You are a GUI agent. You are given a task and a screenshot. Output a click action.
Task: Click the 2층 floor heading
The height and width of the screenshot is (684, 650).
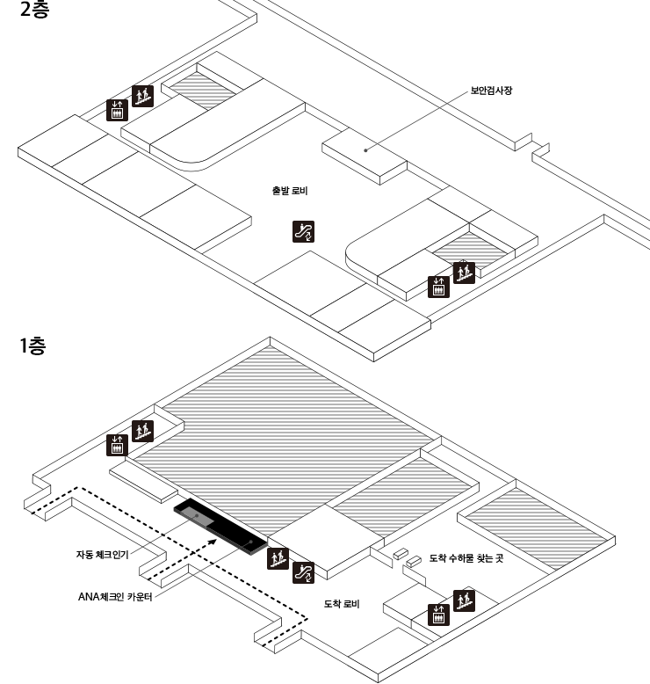point(34,12)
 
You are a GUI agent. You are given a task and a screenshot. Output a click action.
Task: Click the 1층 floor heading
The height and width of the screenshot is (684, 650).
point(32,346)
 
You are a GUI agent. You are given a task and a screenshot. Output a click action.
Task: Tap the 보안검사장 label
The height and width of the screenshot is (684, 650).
point(491,90)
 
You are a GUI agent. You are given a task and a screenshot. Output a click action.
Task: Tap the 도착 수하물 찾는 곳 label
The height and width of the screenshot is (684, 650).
point(466,558)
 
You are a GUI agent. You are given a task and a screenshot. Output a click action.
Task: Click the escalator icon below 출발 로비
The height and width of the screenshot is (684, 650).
point(303,231)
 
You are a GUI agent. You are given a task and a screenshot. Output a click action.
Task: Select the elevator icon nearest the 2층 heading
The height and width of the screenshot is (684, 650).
point(117,110)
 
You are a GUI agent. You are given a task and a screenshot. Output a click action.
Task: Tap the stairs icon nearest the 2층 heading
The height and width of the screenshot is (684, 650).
point(142,96)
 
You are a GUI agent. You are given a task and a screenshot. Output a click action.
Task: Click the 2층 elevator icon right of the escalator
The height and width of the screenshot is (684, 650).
point(438,287)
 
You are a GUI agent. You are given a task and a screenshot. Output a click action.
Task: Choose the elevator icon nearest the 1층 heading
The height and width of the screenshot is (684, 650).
point(117,445)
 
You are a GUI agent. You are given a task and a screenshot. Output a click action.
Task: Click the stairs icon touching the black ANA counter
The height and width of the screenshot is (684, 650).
point(278,557)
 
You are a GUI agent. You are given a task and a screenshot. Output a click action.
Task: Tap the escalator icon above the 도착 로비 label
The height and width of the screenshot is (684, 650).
point(303,572)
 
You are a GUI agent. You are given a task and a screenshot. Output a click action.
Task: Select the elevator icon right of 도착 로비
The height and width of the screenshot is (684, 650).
point(437,614)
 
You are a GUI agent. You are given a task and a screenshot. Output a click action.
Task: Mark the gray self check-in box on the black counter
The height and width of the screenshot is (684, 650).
point(196,518)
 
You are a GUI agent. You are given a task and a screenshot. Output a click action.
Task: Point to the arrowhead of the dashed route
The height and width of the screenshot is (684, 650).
point(212,542)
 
